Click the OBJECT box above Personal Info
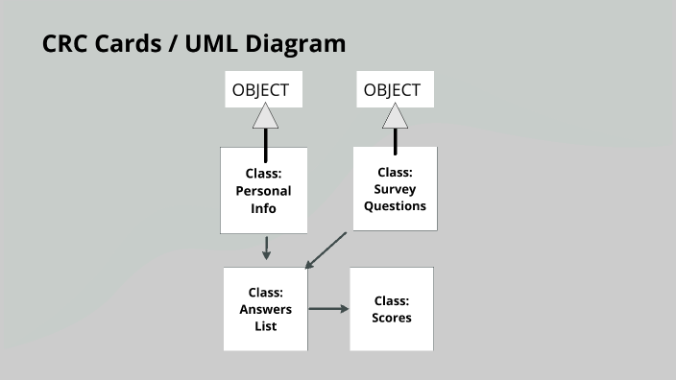260,90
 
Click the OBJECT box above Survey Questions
392,90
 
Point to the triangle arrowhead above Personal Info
265,117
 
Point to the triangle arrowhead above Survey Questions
395,117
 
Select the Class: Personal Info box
263,190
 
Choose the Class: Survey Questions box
395,188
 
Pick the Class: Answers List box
265,309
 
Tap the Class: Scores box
392,309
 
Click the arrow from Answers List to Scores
328,309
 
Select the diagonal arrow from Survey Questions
325,250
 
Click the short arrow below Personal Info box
266,248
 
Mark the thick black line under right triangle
395,140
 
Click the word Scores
392,318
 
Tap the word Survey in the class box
395,189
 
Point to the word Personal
263,191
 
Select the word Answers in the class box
265,310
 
